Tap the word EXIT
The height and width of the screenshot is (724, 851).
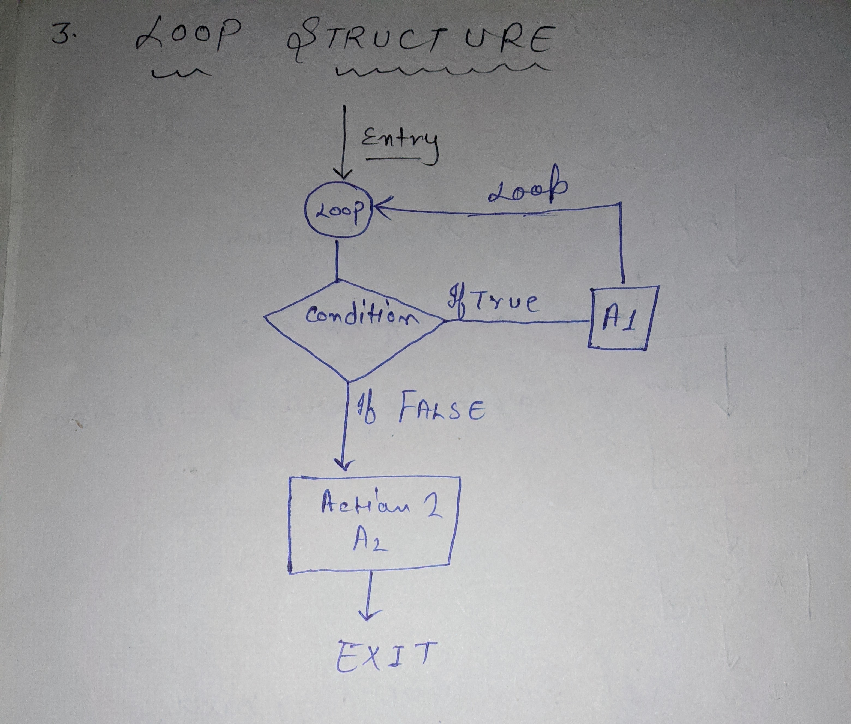[x=384, y=657]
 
